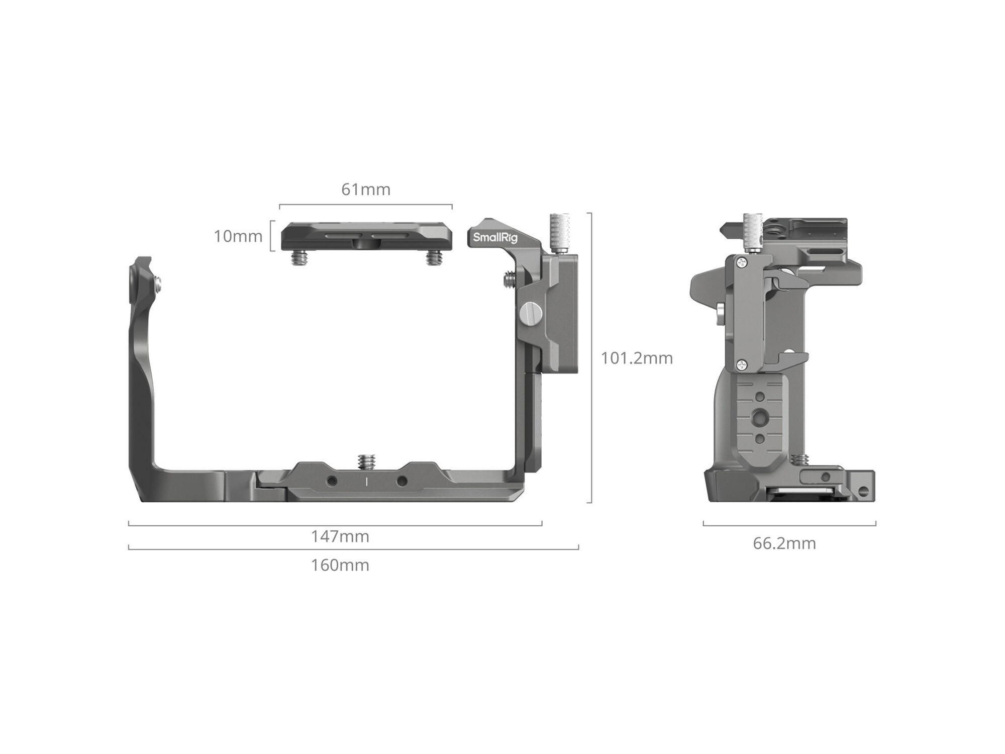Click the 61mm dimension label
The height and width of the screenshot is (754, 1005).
366,190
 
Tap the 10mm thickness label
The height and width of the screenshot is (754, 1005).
238,236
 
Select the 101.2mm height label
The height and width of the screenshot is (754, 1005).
637,358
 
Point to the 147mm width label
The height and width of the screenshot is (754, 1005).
340,536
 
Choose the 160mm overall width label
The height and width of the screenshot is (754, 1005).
340,565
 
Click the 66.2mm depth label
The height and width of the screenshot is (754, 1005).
784,543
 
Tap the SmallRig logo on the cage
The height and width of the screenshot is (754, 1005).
495,237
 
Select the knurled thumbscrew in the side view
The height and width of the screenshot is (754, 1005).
753,233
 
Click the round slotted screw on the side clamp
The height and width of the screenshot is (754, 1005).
529,315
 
